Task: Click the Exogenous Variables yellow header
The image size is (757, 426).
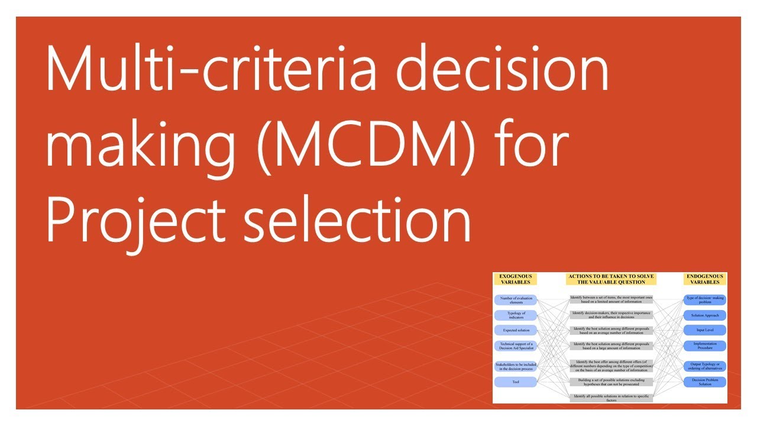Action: point(516,279)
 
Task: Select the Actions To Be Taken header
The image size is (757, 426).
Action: point(610,279)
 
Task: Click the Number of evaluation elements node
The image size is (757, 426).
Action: point(516,300)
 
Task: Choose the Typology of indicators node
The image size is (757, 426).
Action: point(516,315)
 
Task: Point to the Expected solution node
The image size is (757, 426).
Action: point(516,330)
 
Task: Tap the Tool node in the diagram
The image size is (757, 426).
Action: point(516,382)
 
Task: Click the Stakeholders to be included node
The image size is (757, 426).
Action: point(516,366)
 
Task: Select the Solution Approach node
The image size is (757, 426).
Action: point(704,315)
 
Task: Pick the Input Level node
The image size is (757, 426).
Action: point(704,330)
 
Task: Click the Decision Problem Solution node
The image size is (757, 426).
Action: point(704,382)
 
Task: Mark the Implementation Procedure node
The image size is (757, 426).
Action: point(704,346)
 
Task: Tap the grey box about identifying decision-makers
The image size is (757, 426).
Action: point(611,315)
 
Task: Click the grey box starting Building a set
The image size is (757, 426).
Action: point(611,382)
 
